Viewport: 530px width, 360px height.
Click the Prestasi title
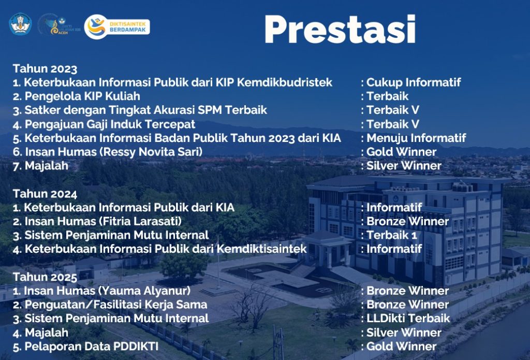(340, 30)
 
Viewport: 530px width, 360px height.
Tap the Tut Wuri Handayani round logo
(20, 24)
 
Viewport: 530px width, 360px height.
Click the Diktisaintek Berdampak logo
(117, 27)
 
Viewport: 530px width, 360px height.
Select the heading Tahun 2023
(45, 69)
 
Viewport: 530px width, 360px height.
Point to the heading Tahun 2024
(45, 194)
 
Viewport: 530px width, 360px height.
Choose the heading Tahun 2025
(45, 277)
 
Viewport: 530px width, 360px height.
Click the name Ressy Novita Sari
(151, 152)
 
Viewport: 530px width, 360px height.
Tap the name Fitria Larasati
(140, 221)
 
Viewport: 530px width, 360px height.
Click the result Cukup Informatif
(414, 82)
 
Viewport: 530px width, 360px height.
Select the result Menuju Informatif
(417, 138)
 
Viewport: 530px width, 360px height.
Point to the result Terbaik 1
(392, 235)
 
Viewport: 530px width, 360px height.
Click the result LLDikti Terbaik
(408, 319)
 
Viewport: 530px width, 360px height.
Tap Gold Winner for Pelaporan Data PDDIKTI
(402, 347)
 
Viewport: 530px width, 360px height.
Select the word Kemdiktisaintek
(261, 249)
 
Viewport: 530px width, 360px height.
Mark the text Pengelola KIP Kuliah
(82, 96)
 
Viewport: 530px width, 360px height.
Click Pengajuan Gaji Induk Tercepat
(110, 124)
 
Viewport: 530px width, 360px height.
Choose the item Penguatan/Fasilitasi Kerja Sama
(115, 305)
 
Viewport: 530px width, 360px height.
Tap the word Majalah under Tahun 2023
(47, 166)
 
